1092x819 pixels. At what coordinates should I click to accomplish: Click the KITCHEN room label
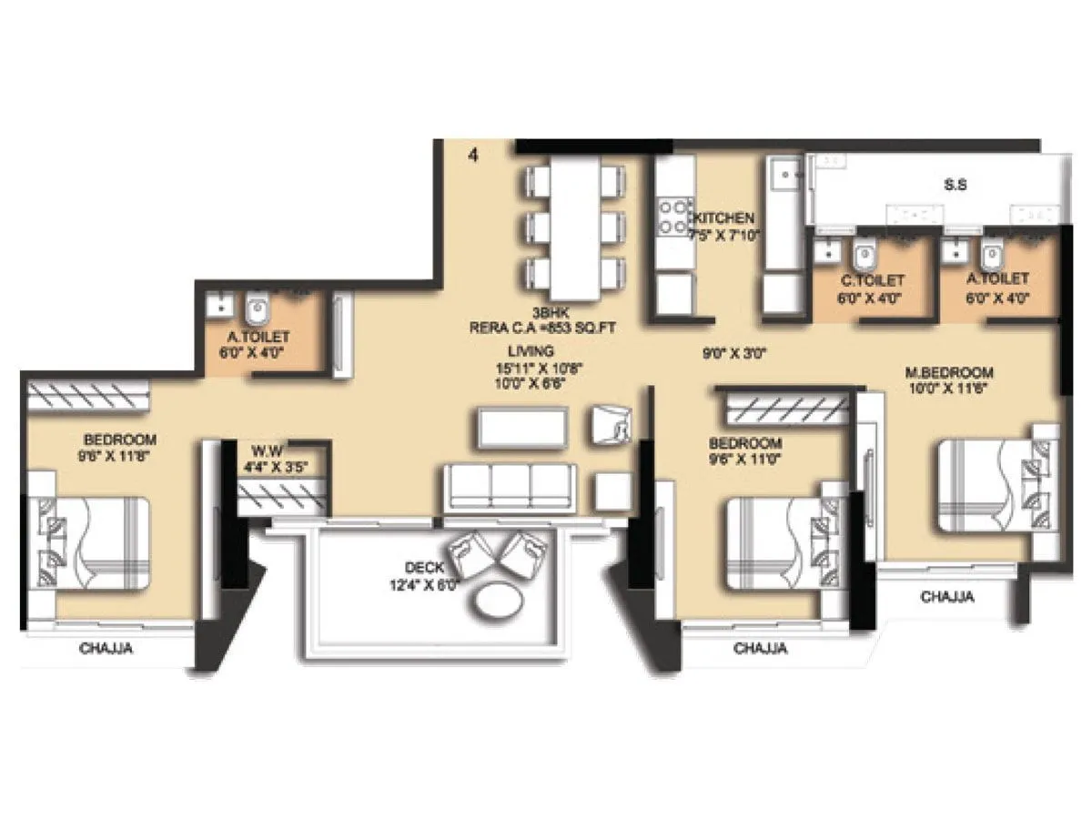tap(724, 218)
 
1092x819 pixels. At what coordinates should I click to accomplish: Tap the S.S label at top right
tap(955, 185)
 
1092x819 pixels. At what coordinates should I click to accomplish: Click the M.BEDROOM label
tap(949, 372)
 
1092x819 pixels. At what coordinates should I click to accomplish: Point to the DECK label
tap(423, 568)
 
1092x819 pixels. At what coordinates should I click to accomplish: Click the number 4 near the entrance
tap(472, 156)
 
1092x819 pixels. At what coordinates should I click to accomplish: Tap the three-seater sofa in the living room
tap(510, 487)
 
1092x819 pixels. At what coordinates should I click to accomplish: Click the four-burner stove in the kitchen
tap(674, 217)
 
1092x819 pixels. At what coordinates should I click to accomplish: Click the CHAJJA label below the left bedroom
tap(107, 649)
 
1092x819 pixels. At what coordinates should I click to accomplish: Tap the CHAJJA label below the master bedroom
tap(947, 598)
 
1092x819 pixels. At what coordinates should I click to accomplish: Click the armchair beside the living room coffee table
tap(612, 425)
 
